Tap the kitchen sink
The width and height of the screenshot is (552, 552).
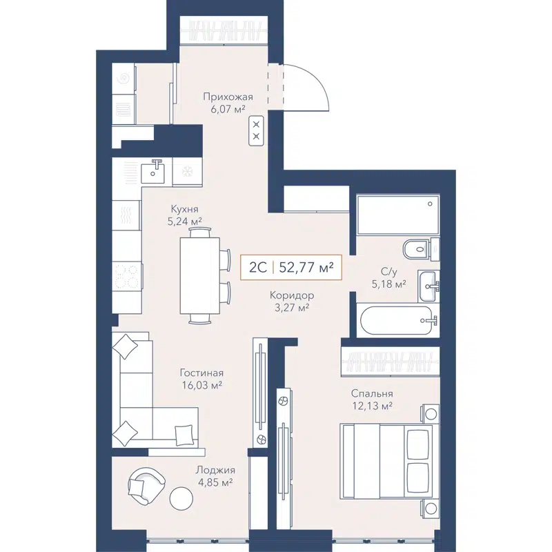coord(157,169)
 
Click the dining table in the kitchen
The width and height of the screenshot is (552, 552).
coord(201,275)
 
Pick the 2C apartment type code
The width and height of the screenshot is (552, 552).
coord(257,266)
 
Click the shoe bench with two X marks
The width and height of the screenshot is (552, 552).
coord(256,130)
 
